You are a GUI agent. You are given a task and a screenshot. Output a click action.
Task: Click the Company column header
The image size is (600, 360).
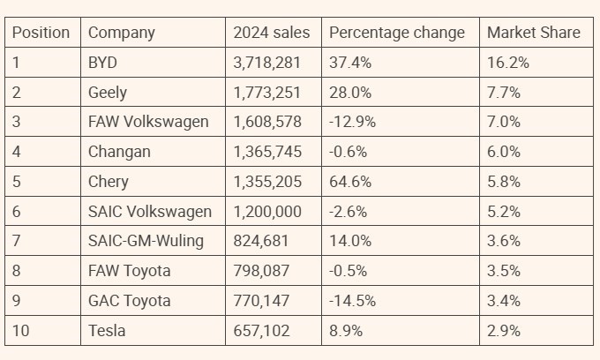tap(121, 33)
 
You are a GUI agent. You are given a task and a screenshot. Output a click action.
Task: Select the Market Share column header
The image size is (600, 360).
tap(534, 33)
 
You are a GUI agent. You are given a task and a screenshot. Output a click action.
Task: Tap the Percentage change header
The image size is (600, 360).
tap(396, 33)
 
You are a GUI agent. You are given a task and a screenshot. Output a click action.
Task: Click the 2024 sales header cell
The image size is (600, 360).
tap(271, 33)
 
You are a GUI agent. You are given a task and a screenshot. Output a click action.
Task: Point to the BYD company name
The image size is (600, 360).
tap(102, 63)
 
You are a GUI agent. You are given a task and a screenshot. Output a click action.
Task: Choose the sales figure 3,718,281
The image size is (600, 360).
tap(267, 63)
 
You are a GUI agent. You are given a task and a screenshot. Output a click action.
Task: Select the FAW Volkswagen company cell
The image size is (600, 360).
tap(148, 122)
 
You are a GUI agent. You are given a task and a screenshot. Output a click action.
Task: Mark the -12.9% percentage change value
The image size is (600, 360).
tap(352, 122)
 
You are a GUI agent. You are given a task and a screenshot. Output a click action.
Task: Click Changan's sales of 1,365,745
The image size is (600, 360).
tap(267, 152)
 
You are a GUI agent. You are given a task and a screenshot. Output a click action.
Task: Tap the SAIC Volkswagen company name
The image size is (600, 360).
tap(150, 212)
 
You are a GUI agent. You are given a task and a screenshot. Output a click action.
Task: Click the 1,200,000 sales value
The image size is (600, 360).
tap(267, 212)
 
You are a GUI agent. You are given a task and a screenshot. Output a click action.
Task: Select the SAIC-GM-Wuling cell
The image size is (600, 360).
tap(146, 242)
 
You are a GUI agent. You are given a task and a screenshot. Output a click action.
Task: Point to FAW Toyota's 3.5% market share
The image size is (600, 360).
tap(504, 272)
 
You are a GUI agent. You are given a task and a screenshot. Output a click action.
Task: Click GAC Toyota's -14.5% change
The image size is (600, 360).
tap(352, 302)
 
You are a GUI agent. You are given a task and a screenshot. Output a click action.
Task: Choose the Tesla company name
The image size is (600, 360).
tap(107, 332)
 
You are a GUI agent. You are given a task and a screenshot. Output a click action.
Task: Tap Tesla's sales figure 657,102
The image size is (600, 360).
tap(261, 332)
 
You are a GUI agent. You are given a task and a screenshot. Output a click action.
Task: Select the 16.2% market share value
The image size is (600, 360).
tap(507, 63)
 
